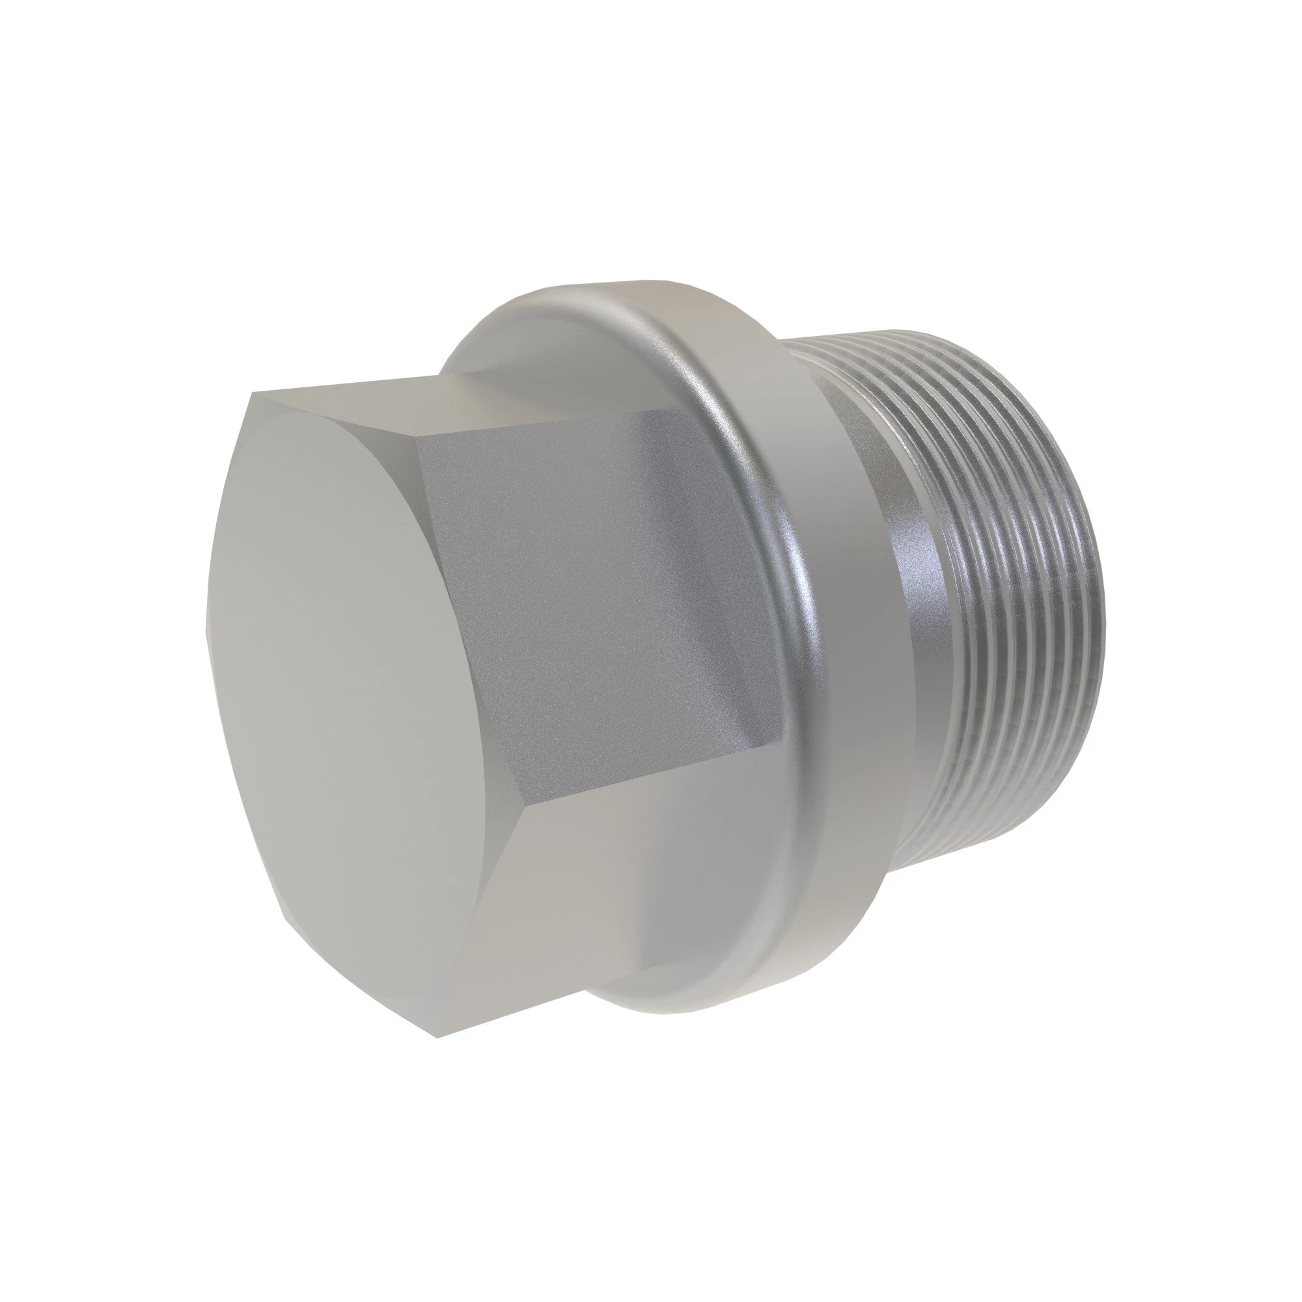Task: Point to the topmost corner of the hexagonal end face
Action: [x=251, y=395]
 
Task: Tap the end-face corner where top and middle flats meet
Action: [x=419, y=450]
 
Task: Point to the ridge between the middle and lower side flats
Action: [x=654, y=775]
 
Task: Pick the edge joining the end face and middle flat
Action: [x=472, y=627]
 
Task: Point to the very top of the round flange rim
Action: [x=640, y=281]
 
